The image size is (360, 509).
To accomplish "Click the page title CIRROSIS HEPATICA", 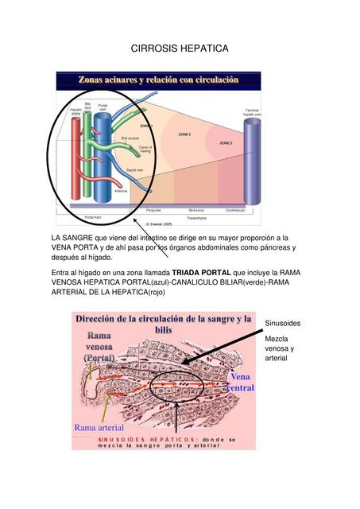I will (179, 49).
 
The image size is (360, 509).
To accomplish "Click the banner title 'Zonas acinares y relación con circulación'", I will (158, 80).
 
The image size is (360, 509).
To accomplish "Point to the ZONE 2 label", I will (184, 135).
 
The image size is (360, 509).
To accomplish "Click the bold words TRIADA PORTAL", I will (201, 272).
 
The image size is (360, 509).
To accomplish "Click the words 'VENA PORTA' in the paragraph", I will (74, 247).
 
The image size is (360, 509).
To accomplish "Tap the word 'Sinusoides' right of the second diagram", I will (283, 324).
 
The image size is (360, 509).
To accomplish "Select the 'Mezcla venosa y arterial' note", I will (280, 348).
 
